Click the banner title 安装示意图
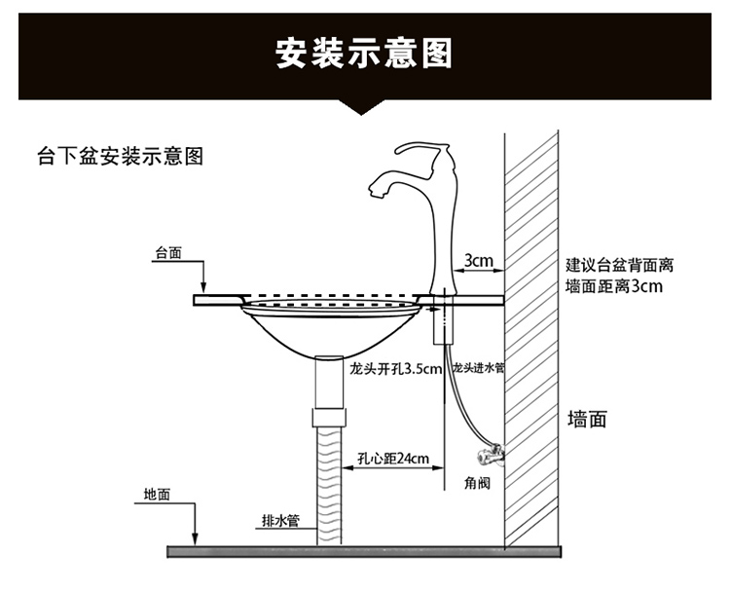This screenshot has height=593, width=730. click(x=364, y=54)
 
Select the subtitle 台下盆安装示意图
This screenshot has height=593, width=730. click(x=120, y=156)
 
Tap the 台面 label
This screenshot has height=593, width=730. click(x=168, y=253)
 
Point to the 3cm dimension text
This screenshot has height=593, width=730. click(x=478, y=261)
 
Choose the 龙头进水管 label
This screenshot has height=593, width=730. click(x=477, y=369)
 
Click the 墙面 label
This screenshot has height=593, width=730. click(x=587, y=420)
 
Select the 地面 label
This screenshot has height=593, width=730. click(x=157, y=494)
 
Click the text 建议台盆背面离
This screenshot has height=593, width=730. click(x=620, y=265)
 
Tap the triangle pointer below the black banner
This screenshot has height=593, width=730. click(x=364, y=107)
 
